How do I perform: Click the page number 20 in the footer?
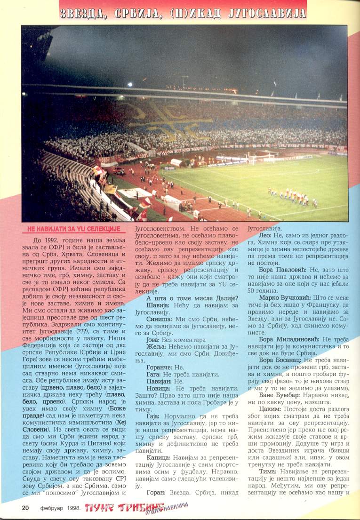pos(25,508)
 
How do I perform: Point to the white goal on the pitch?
pos(261,158)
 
